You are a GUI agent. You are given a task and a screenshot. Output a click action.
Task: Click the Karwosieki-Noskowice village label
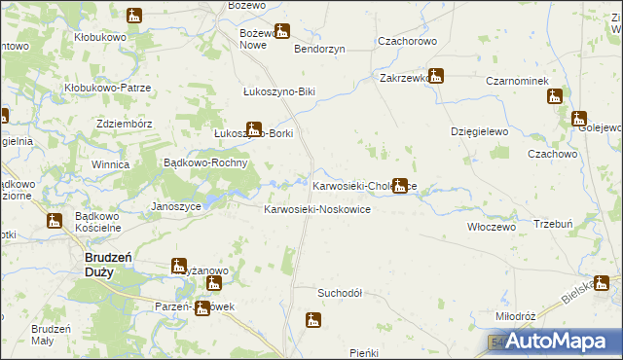pyautogui.click(x=317, y=210)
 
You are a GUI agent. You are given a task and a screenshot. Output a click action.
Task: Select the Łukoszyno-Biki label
pyautogui.click(x=279, y=92)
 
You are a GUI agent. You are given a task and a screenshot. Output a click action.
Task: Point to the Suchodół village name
pyautogui.click(x=340, y=292)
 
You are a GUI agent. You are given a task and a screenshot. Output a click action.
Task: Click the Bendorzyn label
pyautogui.click(x=319, y=49)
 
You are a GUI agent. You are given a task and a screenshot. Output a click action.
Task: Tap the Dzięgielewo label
pyautogui.click(x=481, y=130)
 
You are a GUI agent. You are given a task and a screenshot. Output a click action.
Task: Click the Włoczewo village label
pyautogui.click(x=491, y=226)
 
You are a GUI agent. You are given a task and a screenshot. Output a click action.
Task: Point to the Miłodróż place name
pyautogui.click(x=516, y=317)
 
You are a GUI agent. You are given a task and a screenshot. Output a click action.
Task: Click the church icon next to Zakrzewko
pyautogui.click(x=435, y=75)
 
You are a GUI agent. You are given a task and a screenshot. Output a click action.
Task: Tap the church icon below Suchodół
pyautogui.click(x=312, y=319)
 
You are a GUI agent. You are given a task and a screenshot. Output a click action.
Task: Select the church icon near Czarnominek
pyautogui.click(x=555, y=96)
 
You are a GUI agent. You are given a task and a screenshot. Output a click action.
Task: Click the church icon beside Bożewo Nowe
pyautogui.click(x=281, y=32)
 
